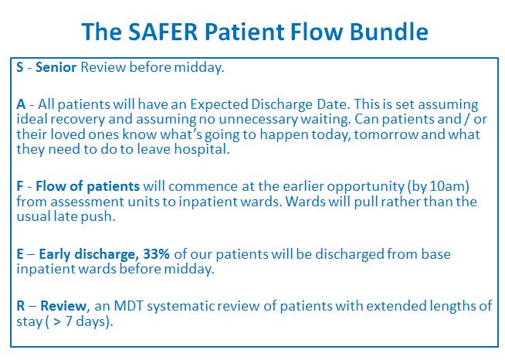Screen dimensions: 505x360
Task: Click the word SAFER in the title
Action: (x=163, y=32)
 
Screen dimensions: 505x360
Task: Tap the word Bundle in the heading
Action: (x=389, y=32)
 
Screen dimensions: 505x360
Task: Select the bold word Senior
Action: (x=56, y=67)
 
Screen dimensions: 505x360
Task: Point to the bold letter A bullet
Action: (x=21, y=104)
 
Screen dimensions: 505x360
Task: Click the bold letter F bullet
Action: (x=20, y=186)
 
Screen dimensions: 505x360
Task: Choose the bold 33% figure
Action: (x=156, y=254)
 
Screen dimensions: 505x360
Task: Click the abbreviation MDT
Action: (x=128, y=305)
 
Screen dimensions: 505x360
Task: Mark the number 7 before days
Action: (x=69, y=321)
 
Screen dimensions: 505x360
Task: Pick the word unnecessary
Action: (x=258, y=119)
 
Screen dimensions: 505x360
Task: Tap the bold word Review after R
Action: (x=63, y=305)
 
